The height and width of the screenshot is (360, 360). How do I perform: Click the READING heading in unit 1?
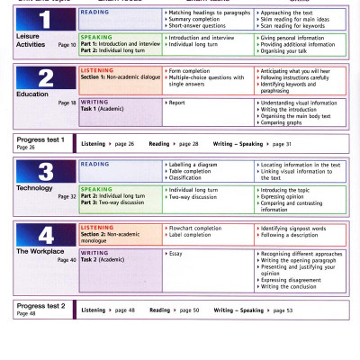click(x=94, y=13)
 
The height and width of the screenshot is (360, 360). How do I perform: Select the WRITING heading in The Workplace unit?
click(x=94, y=253)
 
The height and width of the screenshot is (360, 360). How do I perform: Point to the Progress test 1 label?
click(x=40, y=140)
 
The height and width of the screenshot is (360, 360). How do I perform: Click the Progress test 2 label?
click(x=40, y=305)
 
